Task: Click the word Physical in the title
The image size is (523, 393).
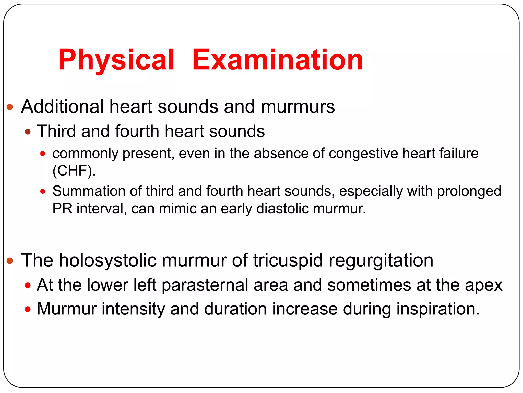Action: [116, 60]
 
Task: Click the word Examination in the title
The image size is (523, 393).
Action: [278, 60]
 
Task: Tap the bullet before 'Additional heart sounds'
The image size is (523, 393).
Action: [10, 107]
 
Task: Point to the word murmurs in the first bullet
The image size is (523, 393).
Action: [298, 106]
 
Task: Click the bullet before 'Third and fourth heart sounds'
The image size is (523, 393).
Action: [28, 132]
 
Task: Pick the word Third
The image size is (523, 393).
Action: [56, 131]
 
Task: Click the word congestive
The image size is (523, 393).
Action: [363, 154]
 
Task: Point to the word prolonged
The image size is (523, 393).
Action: [469, 191]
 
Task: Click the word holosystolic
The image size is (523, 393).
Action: [108, 260]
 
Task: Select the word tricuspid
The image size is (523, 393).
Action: [288, 260]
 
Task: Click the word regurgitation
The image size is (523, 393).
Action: [381, 260]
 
